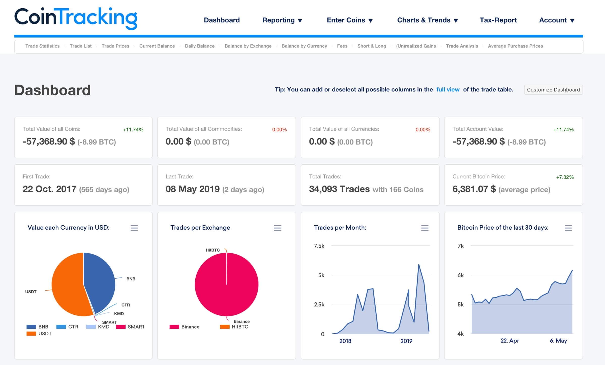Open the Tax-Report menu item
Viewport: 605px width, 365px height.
point(498,20)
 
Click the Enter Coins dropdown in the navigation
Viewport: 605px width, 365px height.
point(349,20)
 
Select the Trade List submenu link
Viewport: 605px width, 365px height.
point(80,46)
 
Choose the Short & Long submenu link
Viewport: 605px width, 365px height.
point(372,46)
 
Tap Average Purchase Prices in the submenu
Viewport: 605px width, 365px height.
point(515,46)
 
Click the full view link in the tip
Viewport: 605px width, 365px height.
point(448,90)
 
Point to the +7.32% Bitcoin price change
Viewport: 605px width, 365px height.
point(565,177)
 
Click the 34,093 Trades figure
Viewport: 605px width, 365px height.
point(339,189)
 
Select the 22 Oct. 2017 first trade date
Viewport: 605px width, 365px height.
point(49,189)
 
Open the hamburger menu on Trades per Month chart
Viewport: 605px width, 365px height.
point(425,228)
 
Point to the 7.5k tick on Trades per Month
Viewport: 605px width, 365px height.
point(319,246)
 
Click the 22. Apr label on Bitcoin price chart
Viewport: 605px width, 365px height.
point(509,341)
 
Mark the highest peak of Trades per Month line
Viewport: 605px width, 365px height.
point(419,264)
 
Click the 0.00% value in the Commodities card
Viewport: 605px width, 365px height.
point(279,130)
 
